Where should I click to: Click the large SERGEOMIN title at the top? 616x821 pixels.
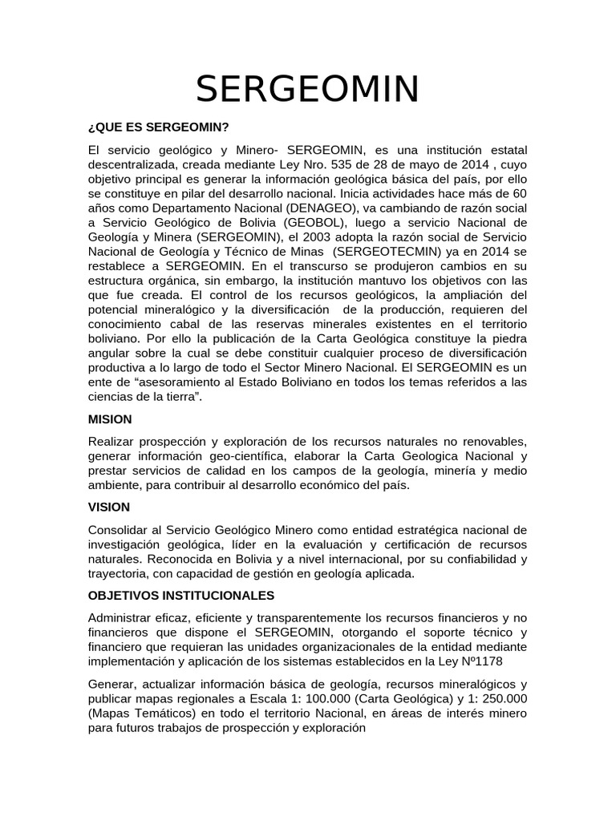pos(308,89)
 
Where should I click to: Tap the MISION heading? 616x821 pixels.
pos(110,419)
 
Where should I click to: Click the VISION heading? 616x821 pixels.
pos(108,508)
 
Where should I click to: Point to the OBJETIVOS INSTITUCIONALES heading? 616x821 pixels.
pos(180,595)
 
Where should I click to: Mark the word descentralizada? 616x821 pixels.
pos(134,164)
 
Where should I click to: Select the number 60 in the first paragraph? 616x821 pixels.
pos(520,193)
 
